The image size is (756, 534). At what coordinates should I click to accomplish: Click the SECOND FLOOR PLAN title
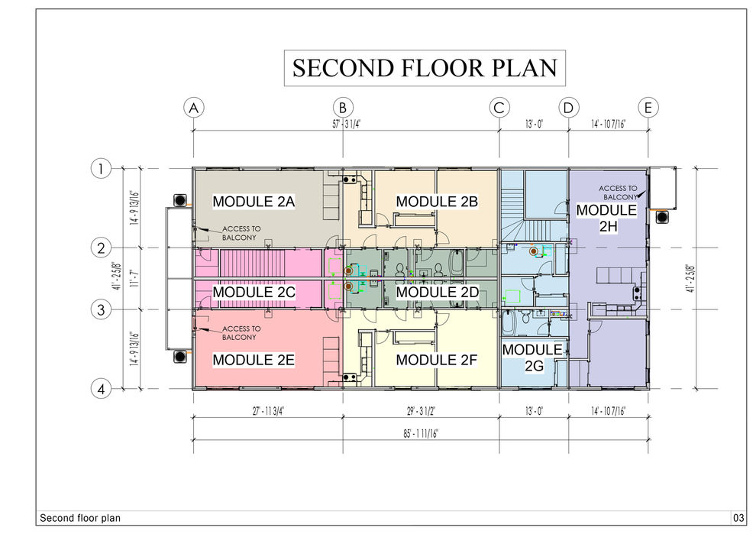[425, 68]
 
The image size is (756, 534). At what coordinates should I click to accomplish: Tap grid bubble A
[194, 108]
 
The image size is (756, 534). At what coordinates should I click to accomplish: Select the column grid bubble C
[499, 108]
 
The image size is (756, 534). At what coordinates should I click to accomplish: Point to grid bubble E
[648, 108]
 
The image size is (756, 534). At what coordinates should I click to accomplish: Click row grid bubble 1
[101, 169]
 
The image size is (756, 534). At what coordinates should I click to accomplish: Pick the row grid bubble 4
[101, 389]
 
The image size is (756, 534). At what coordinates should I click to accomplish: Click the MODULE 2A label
[254, 202]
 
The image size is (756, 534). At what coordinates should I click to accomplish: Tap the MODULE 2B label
[437, 202]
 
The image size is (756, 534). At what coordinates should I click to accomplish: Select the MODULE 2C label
[254, 293]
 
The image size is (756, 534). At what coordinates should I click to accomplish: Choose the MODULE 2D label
[438, 293]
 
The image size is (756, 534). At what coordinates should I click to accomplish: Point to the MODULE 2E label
[254, 360]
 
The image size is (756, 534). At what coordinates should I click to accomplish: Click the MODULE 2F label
[436, 360]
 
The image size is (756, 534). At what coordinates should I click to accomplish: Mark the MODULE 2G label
[533, 358]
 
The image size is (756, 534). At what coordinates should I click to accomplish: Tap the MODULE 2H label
[607, 218]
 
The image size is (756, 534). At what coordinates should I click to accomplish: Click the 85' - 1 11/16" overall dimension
[421, 434]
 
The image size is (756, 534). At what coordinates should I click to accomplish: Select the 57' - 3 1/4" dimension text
[346, 124]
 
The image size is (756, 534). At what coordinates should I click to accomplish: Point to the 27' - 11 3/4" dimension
[269, 411]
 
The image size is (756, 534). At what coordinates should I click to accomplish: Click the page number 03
[738, 519]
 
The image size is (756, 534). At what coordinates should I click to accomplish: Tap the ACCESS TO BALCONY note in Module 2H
[619, 193]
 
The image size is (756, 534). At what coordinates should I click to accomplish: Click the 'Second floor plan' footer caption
[80, 519]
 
